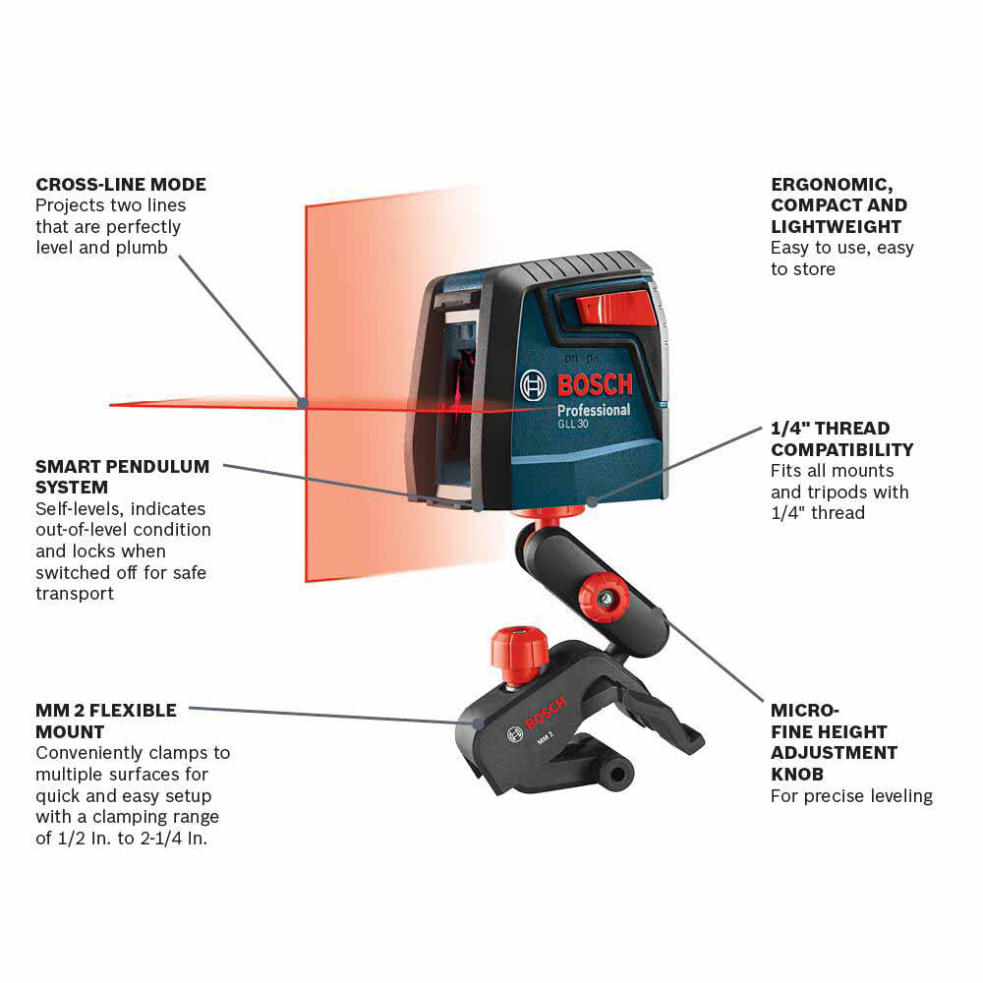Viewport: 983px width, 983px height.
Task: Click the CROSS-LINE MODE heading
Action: click(121, 184)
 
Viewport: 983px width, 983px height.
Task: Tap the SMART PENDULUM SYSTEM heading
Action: click(123, 476)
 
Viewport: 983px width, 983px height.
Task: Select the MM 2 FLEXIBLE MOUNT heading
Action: click(106, 721)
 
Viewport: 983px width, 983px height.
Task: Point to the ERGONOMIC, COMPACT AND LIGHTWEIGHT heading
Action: click(838, 205)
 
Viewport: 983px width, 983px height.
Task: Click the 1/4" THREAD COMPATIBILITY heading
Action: click(841, 439)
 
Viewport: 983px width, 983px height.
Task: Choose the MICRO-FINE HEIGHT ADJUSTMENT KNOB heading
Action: click(834, 742)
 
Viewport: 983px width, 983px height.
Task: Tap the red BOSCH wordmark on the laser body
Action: click(595, 383)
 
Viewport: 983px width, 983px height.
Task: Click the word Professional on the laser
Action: click(594, 410)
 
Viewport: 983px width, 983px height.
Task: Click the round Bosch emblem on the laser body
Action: click(534, 385)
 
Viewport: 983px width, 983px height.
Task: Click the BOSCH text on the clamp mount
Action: click(546, 714)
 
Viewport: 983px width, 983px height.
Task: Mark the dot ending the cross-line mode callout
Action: click(303, 402)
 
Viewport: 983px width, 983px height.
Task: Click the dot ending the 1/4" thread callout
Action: click(592, 501)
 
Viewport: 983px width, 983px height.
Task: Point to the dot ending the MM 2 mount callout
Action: click(480, 723)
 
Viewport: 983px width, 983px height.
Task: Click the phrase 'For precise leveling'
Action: click(851, 796)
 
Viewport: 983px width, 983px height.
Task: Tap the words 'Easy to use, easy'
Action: click(841, 248)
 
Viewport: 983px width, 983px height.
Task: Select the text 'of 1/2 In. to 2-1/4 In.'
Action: click(122, 839)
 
